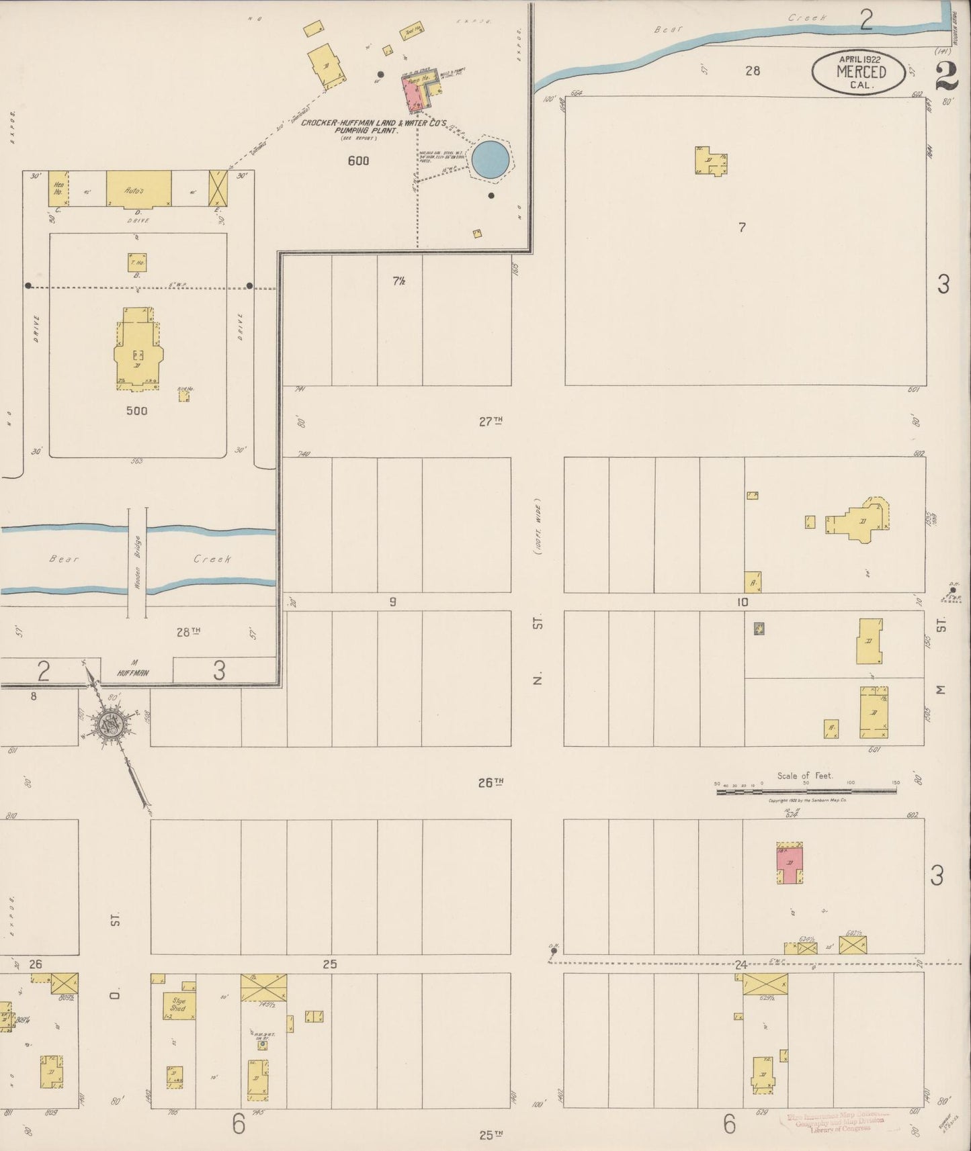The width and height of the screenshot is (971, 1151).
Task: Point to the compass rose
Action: click(108, 724)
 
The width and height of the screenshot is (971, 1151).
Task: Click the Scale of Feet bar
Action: click(806, 791)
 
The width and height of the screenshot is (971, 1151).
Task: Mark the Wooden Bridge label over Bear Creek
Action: click(137, 563)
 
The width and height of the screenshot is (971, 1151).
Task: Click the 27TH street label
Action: click(491, 421)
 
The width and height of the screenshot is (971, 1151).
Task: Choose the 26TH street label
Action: click(491, 782)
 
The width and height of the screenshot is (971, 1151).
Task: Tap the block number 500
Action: click(136, 410)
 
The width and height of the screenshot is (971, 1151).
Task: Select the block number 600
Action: click(358, 160)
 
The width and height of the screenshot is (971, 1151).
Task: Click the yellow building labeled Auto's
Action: click(138, 189)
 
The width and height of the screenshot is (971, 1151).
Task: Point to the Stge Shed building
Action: click(178, 1005)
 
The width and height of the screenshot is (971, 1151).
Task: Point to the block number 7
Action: click(742, 228)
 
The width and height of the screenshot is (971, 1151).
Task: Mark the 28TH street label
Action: click(188, 631)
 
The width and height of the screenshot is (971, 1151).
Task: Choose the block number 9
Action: click(392, 602)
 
